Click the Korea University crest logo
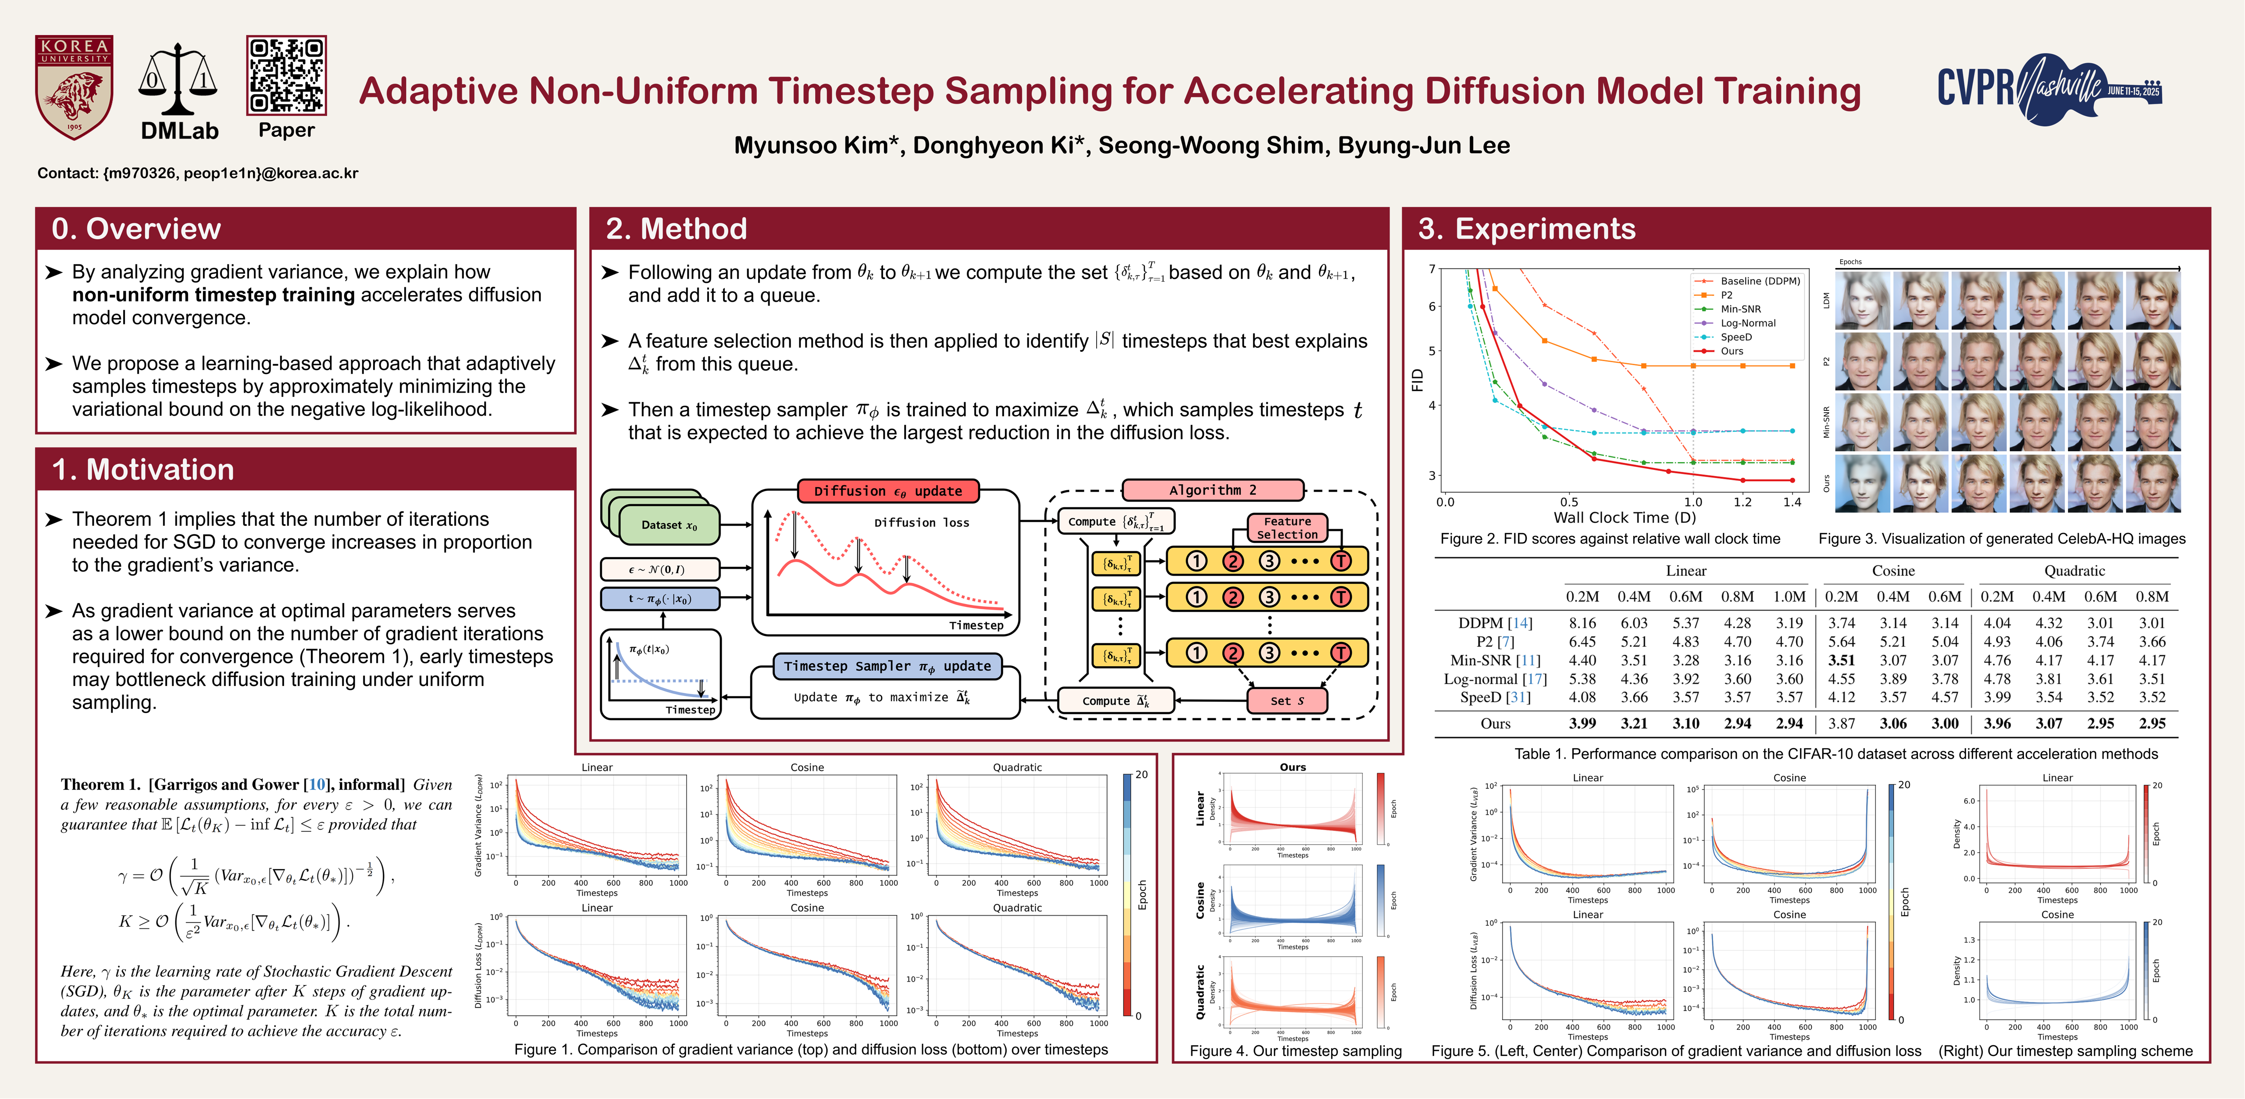(x=74, y=87)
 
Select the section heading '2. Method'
(x=676, y=228)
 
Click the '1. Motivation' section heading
(x=143, y=470)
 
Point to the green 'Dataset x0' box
(x=669, y=525)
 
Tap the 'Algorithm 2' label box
(x=1212, y=490)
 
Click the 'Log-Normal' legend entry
(x=1747, y=323)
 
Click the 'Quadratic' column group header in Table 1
(x=2074, y=571)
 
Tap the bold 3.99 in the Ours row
(x=1582, y=723)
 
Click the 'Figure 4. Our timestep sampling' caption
(x=1295, y=1051)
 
